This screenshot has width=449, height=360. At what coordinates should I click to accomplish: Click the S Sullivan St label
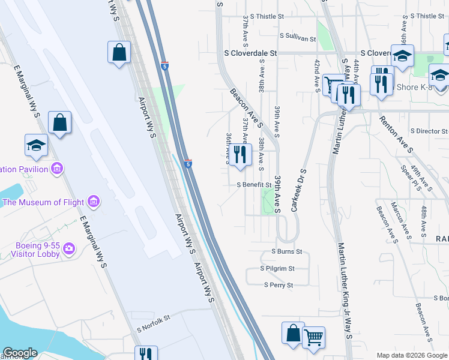(x=297, y=38)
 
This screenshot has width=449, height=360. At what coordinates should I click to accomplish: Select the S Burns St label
(x=287, y=252)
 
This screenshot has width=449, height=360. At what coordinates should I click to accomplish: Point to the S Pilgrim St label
(x=277, y=269)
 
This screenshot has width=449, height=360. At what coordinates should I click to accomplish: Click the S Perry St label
(x=279, y=285)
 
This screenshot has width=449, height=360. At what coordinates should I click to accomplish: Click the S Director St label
(x=429, y=131)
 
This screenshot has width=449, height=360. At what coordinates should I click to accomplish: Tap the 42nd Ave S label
(x=317, y=75)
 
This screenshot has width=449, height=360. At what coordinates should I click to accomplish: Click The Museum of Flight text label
(x=43, y=202)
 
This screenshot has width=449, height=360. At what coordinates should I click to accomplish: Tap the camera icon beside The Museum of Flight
(x=93, y=200)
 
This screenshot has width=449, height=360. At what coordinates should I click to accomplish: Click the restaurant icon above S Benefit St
(x=240, y=155)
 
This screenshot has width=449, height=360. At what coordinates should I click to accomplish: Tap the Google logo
(x=20, y=353)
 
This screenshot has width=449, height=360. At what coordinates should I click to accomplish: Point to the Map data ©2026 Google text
(x=411, y=355)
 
